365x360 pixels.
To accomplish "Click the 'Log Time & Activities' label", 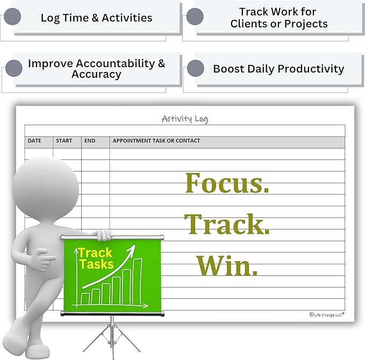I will (96, 18).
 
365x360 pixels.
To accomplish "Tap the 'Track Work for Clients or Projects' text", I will (278, 18).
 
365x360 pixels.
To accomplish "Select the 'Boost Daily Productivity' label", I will (278, 69).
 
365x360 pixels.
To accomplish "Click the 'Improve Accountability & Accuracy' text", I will (96, 69).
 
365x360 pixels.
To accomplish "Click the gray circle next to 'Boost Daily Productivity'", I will (195, 69).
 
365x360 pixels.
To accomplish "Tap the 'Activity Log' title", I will (184, 119).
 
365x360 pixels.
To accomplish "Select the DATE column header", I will (34, 141).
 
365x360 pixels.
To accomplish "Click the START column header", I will (64, 141).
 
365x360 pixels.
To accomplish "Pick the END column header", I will (90, 141).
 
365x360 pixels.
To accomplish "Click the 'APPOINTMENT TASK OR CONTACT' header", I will (156, 141).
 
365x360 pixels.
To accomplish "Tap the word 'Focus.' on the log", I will (227, 183).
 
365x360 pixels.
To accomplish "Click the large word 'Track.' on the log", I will (227, 224).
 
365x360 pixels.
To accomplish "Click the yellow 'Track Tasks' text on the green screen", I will (95, 258).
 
